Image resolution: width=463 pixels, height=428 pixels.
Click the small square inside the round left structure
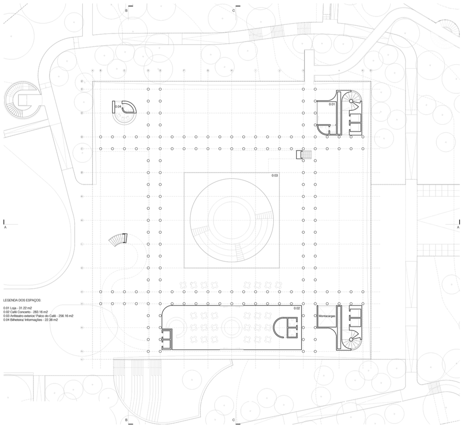(23, 100)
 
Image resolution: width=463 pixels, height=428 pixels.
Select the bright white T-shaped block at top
(309, 65)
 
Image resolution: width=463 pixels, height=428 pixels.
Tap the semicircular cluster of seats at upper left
(124, 115)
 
